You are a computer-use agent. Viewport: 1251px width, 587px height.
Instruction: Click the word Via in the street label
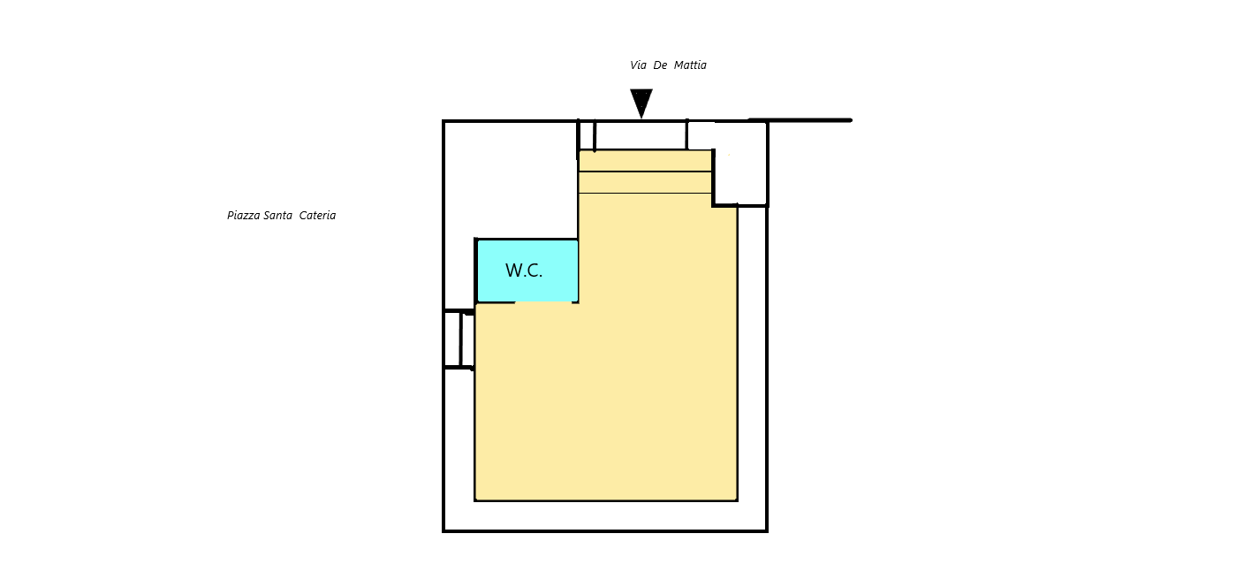point(639,65)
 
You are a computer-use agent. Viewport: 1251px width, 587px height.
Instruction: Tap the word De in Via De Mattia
point(660,65)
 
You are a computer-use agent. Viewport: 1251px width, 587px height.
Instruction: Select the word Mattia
point(690,65)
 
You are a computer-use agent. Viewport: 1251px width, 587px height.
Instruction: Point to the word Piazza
point(244,216)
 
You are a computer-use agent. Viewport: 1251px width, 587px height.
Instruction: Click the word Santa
point(277,215)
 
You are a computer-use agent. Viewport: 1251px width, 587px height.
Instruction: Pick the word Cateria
point(317,215)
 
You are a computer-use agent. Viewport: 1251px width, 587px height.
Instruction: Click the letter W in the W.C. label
point(514,271)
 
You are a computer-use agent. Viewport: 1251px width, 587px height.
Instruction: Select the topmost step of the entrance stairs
point(645,161)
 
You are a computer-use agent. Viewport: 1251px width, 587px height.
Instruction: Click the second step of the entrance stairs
point(645,182)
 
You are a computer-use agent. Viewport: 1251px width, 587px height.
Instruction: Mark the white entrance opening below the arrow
point(641,135)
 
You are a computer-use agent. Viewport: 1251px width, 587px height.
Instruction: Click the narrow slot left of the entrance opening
point(586,135)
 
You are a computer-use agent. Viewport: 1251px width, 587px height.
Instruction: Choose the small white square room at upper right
point(740,164)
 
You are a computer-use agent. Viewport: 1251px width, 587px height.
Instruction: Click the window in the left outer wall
point(459,339)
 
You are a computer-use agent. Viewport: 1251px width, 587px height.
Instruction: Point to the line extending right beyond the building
point(800,120)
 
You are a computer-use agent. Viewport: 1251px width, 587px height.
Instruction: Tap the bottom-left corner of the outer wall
point(444,531)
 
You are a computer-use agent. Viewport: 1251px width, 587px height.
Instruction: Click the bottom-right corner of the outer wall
point(767,531)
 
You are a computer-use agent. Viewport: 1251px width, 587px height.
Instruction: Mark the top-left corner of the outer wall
point(444,121)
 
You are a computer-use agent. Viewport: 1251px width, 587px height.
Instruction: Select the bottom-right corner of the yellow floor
point(737,499)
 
